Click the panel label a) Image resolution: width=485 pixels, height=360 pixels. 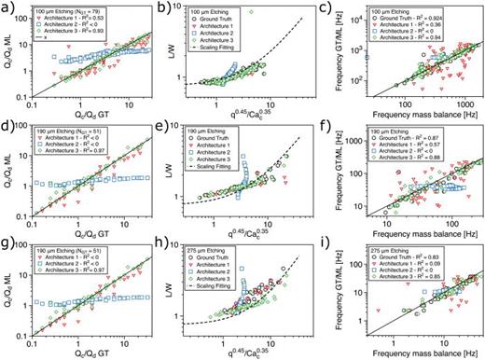(7, 7)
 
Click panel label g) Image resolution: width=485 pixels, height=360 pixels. (7, 246)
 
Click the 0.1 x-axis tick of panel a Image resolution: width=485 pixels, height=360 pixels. (31, 103)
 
